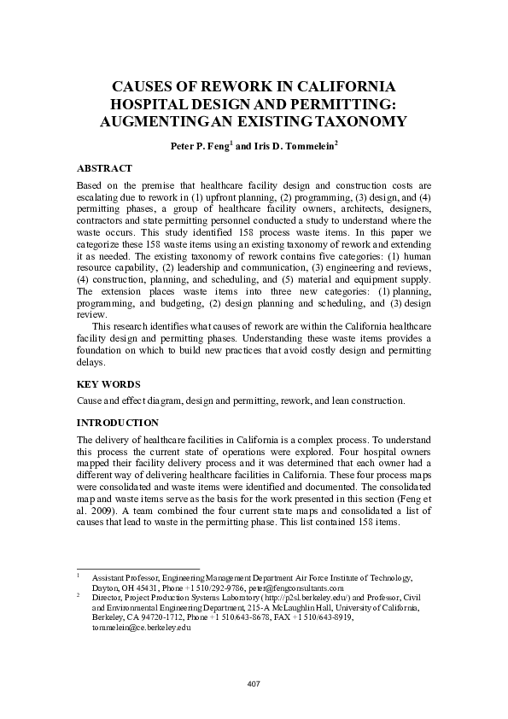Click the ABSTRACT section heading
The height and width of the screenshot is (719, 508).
[104, 168]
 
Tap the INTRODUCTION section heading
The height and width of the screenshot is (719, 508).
[118, 423]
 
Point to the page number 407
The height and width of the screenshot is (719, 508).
[254, 683]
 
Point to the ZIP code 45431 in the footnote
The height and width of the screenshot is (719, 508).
[150, 587]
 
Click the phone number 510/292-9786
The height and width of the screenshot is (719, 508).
[220, 587]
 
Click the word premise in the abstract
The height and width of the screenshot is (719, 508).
[157, 184]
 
